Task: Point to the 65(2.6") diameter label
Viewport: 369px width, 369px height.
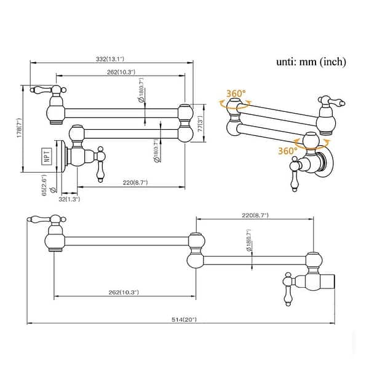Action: point(44,184)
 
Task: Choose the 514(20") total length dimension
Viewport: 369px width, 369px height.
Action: point(184,320)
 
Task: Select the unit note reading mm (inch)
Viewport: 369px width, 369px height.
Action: point(311,61)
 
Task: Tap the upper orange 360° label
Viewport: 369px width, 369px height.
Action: point(235,93)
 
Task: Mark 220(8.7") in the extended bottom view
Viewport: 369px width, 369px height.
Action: point(255,215)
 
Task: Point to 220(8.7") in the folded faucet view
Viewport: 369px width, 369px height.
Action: point(135,182)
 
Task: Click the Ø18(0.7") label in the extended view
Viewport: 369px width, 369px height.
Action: point(248,245)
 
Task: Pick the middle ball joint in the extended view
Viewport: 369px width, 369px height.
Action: point(196,250)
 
